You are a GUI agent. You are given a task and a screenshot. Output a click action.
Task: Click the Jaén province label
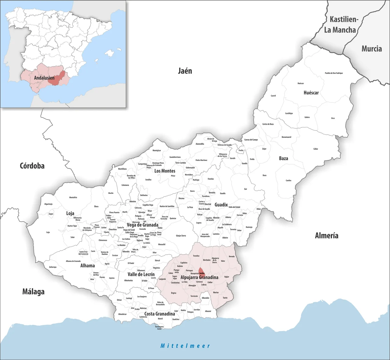tap(185, 71)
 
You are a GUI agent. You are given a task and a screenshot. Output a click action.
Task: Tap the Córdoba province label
tap(32, 166)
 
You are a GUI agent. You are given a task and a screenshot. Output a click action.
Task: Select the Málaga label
tap(34, 292)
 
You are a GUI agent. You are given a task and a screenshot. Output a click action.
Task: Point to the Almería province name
tap(327, 236)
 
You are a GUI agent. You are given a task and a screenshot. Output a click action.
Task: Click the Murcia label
tap(371, 49)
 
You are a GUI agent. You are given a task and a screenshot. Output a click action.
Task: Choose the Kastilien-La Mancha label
tap(340, 25)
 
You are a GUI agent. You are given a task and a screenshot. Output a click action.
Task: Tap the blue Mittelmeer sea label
tap(185, 346)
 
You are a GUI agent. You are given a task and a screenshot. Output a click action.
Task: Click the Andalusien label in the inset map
tap(44, 78)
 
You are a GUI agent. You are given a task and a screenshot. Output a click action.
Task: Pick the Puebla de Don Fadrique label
tap(334, 73)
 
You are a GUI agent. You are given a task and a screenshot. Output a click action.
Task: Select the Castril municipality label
tap(273, 96)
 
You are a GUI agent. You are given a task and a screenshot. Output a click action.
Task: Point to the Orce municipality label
tap(333, 118)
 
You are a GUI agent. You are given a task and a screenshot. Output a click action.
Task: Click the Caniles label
tap(289, 180)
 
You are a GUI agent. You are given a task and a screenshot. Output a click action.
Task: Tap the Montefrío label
tap(73, 198)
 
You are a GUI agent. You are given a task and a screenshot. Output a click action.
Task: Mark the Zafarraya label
tap(53, 267)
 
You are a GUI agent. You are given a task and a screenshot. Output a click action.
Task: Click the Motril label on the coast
tap(160, 319)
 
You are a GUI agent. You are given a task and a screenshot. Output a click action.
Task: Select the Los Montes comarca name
tap(165, 171)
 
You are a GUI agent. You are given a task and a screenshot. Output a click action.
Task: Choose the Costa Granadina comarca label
tap(160, 314)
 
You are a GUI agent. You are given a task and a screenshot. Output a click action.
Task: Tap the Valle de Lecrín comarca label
tap(141, 274)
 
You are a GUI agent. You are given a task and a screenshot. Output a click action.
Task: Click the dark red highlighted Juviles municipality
tap(201, 271)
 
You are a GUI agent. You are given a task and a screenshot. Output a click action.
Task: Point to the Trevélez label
tap(196, 256)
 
